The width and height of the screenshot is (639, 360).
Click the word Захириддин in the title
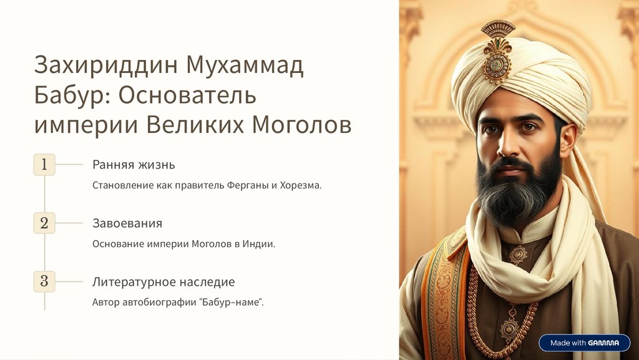pyautogui.click(x=107, y=66)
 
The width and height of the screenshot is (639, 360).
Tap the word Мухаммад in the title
pyautogui.click(x=245, y=66)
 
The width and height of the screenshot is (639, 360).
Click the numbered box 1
pyautogui.click(x=44, y=165)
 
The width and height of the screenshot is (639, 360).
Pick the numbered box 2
pyautogui.click(x=44, y=223)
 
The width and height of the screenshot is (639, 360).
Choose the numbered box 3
pyautogui.click(x=44, y=281)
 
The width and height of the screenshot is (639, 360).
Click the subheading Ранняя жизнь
pyautogui.click(x=134, y=165)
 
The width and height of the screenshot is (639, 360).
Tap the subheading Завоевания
pyautogui.click(x=127, y=223)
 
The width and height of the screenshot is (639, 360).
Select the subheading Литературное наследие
pyautogui.click(x=163, y=282)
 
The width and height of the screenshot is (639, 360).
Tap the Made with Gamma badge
pyautogui.click(x=584, y=343)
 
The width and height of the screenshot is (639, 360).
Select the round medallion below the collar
pyautogui.click(x=518, y=255)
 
